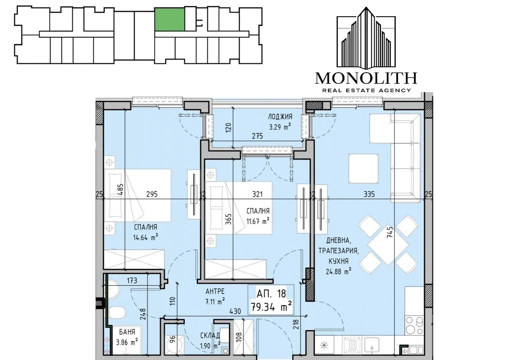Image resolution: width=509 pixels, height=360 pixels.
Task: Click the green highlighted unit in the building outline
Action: click(170, 19)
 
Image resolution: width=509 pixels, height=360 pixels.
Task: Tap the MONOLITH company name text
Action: click(366, 78)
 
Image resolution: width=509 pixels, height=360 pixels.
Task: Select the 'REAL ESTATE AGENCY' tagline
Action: click(366, 90)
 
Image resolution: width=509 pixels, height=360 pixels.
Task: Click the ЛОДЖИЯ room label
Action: click(280, 117)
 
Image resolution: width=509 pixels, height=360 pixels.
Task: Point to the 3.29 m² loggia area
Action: click(280, 127)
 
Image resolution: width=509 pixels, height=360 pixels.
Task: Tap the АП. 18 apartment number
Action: click(271, 294)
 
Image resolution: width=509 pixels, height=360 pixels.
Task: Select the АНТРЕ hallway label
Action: click(215, 291)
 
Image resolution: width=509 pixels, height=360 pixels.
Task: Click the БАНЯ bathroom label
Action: click(127, 332)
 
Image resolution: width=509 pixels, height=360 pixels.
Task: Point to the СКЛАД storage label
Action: click(210, 335)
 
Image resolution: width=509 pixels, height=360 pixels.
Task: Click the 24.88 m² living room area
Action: click(338, 271)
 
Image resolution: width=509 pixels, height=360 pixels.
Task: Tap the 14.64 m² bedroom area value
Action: click(146, 238)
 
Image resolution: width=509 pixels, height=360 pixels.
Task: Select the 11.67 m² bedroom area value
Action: click(258, 221)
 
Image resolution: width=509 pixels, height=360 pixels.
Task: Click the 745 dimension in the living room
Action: click(390, 232)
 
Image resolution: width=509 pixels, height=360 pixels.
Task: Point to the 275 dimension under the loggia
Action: click(257, 136)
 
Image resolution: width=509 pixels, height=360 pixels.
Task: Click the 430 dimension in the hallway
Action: click(235, 311)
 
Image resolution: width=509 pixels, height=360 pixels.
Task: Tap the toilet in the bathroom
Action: click(117, 313)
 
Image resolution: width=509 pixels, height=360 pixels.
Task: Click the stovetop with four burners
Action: click(414, 325)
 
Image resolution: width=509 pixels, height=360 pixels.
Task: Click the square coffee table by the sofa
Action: click(363, 168)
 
